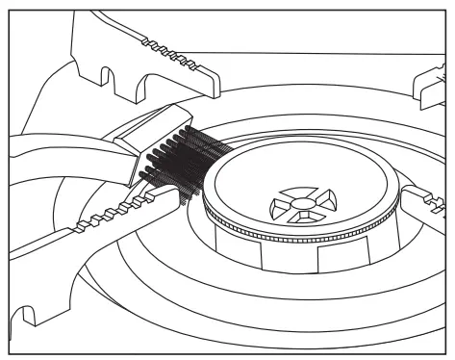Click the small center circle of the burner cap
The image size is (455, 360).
[301, 202]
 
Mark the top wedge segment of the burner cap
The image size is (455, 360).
[297, 191]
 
